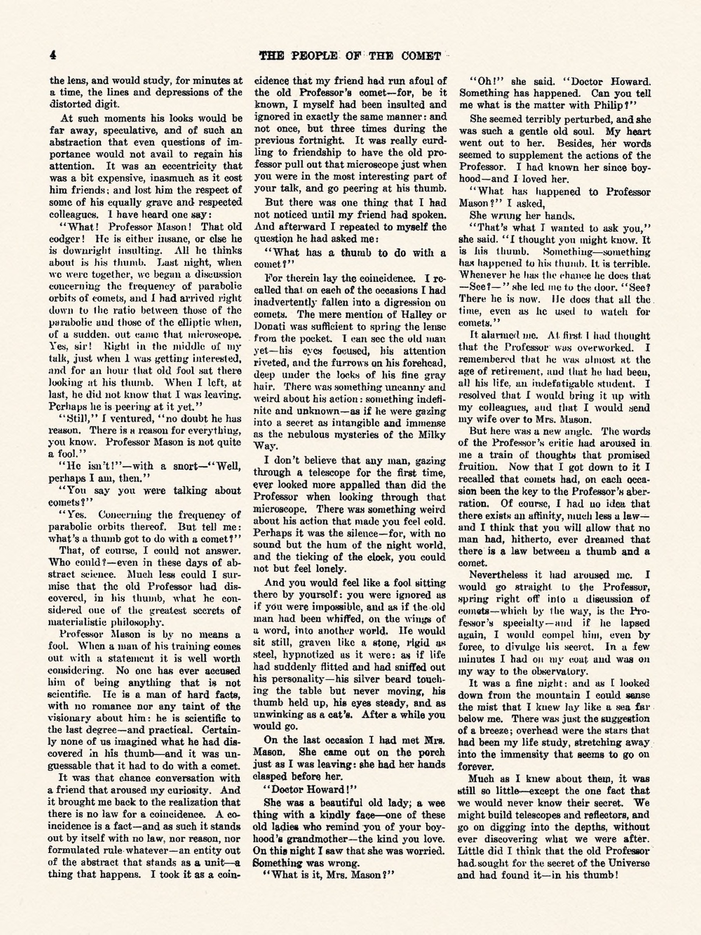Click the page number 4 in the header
(x=53, y=55)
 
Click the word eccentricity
(x=191, y=166)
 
